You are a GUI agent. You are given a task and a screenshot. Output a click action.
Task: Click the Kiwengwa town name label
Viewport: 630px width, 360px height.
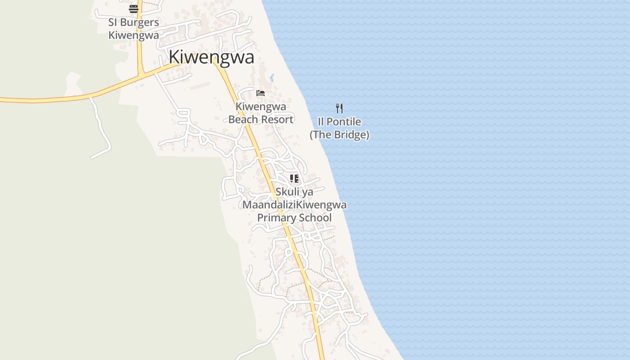pos(211,57)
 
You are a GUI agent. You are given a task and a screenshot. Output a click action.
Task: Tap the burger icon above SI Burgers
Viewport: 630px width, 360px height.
pos(134,9)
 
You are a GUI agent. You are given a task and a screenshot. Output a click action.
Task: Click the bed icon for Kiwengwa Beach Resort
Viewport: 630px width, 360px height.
pos(261,93)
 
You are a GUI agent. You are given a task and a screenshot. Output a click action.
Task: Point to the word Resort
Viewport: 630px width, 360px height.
pos(278,119)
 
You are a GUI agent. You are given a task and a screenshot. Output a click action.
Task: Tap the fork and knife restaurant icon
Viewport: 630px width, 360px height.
pos(339,108)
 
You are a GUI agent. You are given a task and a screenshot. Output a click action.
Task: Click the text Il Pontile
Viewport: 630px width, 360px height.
pos(339,121)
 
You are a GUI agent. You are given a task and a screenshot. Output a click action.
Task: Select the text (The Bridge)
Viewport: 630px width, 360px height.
pos(339,135)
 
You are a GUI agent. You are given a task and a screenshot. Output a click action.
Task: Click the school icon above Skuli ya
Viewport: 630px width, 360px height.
pos(294,179)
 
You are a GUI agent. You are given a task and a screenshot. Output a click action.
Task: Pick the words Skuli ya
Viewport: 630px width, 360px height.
pos(294,192)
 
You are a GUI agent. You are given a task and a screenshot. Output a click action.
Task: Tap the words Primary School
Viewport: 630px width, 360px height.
pos(294,218)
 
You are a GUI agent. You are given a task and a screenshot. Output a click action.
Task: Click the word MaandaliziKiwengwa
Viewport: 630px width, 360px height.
pos(294,205)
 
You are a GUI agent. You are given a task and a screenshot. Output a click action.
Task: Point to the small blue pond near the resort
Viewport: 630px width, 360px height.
pos(272,77)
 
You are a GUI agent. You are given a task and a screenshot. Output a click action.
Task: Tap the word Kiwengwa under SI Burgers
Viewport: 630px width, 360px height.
pos(134,35)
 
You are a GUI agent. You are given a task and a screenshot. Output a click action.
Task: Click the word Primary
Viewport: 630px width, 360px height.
pos(274,218)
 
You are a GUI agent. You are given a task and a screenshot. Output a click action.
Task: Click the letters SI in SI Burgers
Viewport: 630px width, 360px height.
pos(112,22)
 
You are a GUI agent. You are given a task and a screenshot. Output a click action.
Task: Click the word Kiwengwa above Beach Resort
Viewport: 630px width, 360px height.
pos(261,107)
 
